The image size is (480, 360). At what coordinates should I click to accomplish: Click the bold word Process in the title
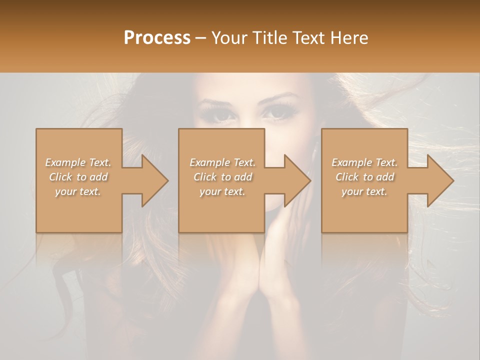click(157, 37)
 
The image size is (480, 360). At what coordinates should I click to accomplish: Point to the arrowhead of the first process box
click(154, 180)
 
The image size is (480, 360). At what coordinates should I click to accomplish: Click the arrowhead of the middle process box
click(297, 180)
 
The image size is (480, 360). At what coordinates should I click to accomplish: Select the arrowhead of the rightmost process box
click(440, 180)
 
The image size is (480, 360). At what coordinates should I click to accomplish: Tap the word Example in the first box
click(65, 162)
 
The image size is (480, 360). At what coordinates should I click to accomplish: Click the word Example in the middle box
click(209, 162)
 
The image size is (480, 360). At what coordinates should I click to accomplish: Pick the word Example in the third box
click(351, 162)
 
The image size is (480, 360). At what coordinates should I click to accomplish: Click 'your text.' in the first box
click(78, 191)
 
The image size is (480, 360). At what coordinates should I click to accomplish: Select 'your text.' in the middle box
click(222, 191)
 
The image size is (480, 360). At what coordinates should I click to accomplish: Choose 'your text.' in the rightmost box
click(364, 191)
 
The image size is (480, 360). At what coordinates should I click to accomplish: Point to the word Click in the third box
click(346, 177)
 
